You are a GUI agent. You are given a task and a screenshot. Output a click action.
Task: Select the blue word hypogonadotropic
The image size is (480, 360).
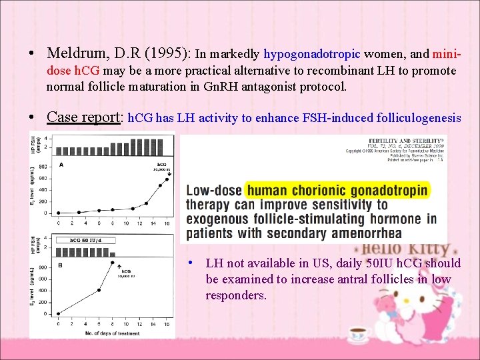point(313,54)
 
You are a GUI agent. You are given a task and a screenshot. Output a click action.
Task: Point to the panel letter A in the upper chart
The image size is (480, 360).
point(62,165)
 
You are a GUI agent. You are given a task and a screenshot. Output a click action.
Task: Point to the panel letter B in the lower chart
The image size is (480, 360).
point(62,265)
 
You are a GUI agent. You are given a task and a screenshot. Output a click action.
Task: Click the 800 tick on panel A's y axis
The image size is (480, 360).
point(43,166)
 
